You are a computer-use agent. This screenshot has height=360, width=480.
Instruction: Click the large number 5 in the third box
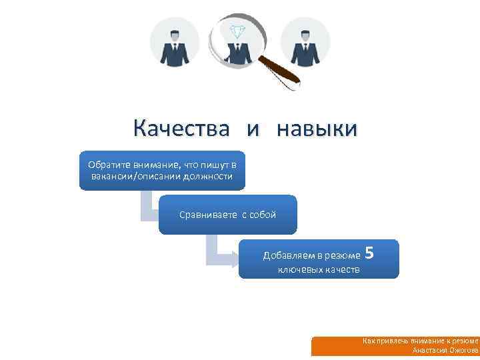370,254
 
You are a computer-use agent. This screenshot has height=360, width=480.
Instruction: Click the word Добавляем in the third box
285,256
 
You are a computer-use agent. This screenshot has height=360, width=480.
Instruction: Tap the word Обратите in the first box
108,165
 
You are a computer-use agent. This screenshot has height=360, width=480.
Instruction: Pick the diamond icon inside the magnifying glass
237,31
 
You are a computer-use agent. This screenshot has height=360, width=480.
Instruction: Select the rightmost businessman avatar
305,41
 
